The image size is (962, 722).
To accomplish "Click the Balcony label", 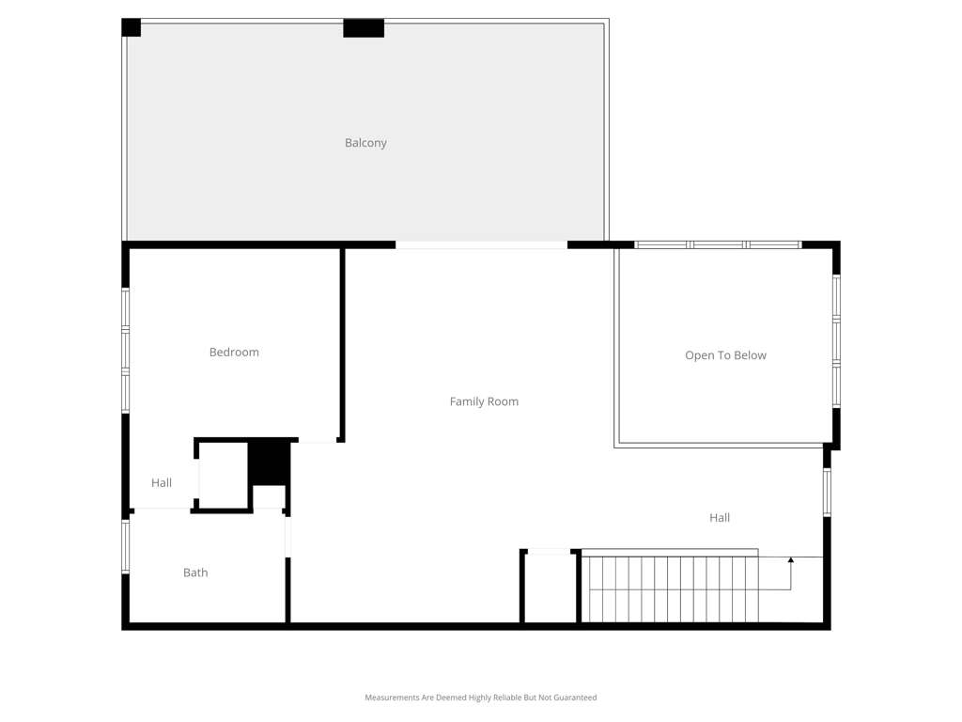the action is (365, 143).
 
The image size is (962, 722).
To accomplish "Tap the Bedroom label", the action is (234, 352).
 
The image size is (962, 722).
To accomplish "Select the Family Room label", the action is (484, 401).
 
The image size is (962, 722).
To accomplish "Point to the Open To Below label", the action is (725, 354).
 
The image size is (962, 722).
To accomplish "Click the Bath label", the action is (195, 573).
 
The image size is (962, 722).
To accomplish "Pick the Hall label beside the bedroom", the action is (162, 482).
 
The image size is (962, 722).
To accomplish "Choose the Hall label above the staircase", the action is (720, 518).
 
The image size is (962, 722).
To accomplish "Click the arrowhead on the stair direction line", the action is (791, 560).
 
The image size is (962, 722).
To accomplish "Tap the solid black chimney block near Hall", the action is (269, 462).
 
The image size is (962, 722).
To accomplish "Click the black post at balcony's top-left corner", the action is (131, 27).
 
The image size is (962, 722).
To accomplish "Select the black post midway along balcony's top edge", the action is (364, 28).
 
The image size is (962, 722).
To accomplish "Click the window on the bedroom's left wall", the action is (125, 350).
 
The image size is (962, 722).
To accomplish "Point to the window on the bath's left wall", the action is (125, 546).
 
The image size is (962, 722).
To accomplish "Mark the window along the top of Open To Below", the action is (718, 244).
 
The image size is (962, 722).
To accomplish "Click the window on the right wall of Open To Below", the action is (835, 340).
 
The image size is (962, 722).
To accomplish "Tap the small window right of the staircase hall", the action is (827, 492).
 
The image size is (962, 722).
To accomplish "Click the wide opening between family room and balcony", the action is (481, 244).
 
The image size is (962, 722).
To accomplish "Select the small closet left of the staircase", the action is (549, 587).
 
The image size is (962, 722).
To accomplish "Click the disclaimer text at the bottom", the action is (480, 698).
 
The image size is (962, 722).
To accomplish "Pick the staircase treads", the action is (669, 589).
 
